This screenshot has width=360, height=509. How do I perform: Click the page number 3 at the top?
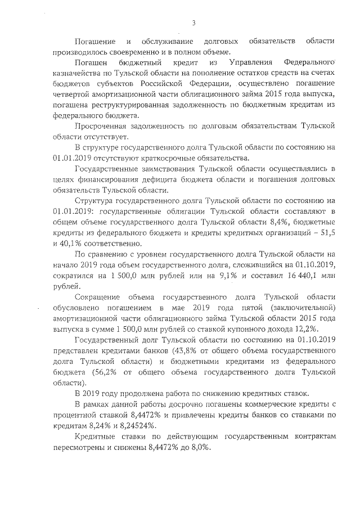coord(193,23)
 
